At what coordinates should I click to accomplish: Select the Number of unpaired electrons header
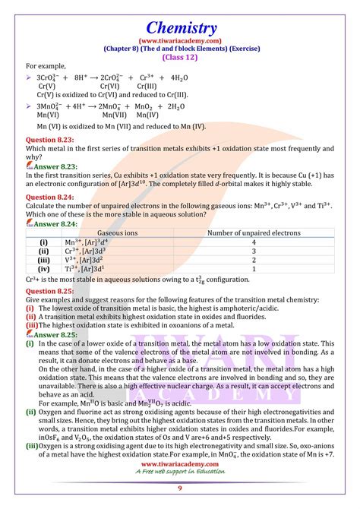(x=254, y=233)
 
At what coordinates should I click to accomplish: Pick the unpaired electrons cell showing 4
(x=254, y=242)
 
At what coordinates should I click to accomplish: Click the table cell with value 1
(x=254, y=268)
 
